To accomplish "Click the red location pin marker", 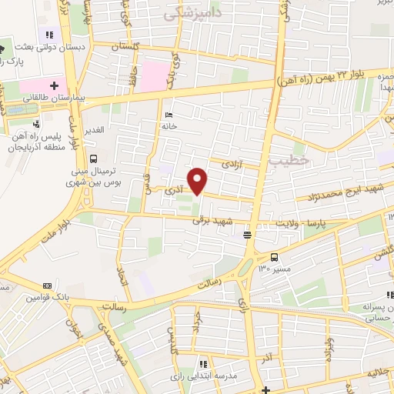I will tap(199, 180).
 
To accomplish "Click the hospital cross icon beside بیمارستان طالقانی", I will tap(55, 85).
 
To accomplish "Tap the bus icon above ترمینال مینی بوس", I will tap(94, 159).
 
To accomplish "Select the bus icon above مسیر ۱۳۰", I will tap(275, 258).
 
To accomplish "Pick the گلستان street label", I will tap(129, 48).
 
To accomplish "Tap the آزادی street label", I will tap(233, 164).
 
